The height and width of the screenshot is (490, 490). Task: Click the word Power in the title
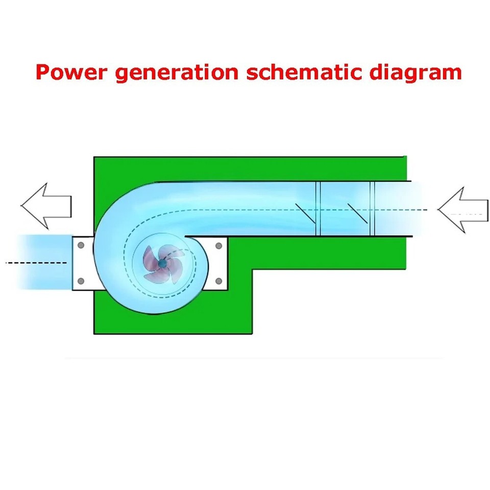(x=71, y=72)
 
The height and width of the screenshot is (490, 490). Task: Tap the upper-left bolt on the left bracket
(x=80, y=246)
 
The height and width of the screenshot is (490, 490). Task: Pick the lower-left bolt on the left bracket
(x=80, y=281)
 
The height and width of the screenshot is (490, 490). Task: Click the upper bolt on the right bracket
(x=219, y=246)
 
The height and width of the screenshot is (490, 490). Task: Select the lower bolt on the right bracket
(x=219, y=281)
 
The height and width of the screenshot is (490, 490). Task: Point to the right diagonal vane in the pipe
(x=357, y=213)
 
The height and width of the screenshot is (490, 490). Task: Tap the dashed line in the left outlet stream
(x=36, y=262)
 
